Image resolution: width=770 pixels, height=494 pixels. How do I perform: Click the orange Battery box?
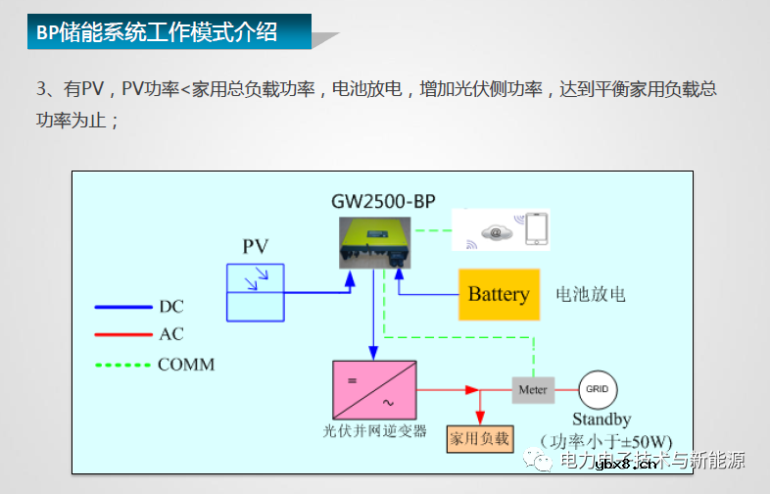coord(499,294)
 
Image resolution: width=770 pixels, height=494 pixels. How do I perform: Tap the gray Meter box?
coord(533,389)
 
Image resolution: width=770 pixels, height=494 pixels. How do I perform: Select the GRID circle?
coord(597,389)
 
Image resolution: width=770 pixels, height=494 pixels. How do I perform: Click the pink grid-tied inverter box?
coord(373,389)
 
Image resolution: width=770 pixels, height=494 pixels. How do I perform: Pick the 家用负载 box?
coord(479,438)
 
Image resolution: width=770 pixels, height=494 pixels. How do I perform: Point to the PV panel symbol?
coord(256,292)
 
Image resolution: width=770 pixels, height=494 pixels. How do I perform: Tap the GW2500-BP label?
coord(377,203)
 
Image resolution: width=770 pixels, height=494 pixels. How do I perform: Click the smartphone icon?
coord(536,229)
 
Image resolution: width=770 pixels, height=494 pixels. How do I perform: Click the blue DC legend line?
coord(123,307)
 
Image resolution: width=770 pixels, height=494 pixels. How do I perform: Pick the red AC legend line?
coord(123,335)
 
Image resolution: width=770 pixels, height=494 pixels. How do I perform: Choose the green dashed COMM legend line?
coord(123,365)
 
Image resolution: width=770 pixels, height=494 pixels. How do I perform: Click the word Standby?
coord(602,420)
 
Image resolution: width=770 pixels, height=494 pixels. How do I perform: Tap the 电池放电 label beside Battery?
coord(590,294)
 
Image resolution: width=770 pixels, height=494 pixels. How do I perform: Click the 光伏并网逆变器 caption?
coord(375,430)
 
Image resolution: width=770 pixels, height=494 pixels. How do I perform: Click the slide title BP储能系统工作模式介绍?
coord(157,32)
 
